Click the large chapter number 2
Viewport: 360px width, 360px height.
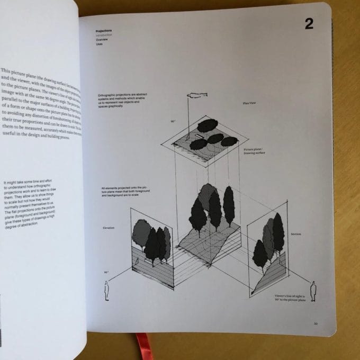coord(309,23)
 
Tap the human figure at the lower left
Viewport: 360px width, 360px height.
coord(107,291)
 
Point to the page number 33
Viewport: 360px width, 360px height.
coord(316,323)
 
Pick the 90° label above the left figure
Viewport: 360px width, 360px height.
coord(106,272)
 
